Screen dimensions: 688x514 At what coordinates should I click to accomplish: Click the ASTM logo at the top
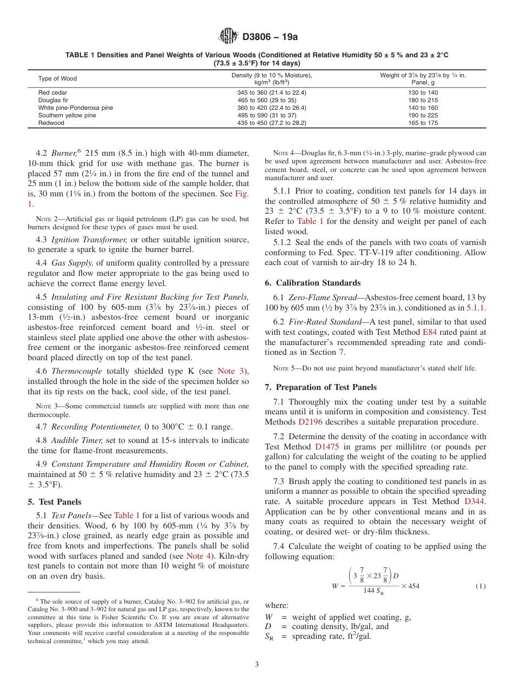(228, 37)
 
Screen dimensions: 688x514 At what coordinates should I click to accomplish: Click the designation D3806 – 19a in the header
(270, 37)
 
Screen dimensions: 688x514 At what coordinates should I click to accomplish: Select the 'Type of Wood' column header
(57, 79)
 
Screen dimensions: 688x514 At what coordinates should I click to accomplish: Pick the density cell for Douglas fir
(272, 101)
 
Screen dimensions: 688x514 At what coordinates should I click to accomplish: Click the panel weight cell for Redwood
(423, 123)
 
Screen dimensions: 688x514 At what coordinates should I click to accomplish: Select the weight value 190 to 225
(423, 116)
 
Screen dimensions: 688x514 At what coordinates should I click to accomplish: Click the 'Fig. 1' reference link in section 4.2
(241, 194)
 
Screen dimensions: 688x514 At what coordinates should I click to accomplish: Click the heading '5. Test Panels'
(55, 502)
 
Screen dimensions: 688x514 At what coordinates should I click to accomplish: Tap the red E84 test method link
(430, 332)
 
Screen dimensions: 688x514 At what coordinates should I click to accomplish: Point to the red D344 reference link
(475, 501)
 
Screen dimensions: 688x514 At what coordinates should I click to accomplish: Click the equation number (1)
(480, 586)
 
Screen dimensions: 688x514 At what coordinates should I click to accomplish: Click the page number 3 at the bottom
(257, 664)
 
